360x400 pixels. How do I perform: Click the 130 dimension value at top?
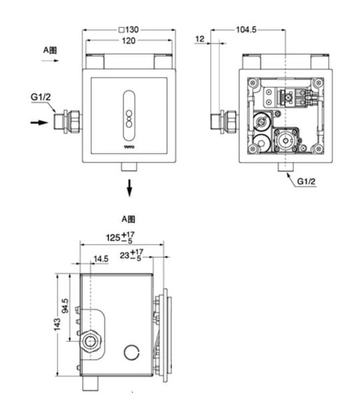coord(132,30)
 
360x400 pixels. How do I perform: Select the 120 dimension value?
coord(129,41)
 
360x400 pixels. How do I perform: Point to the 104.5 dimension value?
coord(246,30)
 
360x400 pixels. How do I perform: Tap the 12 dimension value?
coord(200,39)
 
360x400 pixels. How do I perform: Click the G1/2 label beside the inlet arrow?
coord(41,97)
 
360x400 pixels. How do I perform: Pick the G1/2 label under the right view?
coord(306,181)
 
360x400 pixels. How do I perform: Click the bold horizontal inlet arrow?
coord(39,123)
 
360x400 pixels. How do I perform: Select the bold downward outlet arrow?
coord(129,188)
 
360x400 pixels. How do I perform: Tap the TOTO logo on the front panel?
coord(129,147)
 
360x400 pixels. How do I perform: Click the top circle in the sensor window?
coord(129,113)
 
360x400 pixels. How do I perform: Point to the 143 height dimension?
coord(57,325)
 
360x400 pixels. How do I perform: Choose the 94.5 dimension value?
coord(65,306)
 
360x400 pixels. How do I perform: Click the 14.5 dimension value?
coord(101,259)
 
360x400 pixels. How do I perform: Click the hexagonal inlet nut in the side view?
coord(90,341)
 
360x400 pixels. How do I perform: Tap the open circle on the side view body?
coord(131,352)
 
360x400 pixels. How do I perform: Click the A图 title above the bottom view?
coord(128,219)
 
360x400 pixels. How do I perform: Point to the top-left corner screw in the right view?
coord(253,83)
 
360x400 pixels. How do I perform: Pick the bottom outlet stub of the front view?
coord(129,167)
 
